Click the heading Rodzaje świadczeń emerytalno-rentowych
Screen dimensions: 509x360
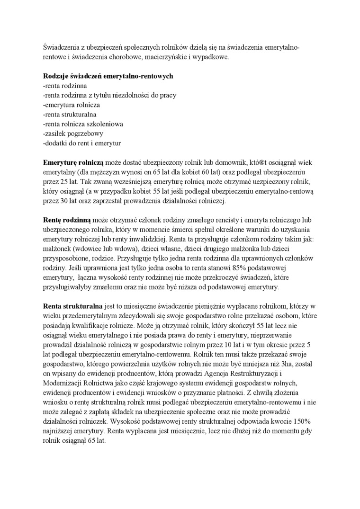(x=108, y=76)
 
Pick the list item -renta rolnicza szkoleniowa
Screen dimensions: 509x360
(x=83, y=124)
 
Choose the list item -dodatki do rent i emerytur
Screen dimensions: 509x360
(x=81, y=143)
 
